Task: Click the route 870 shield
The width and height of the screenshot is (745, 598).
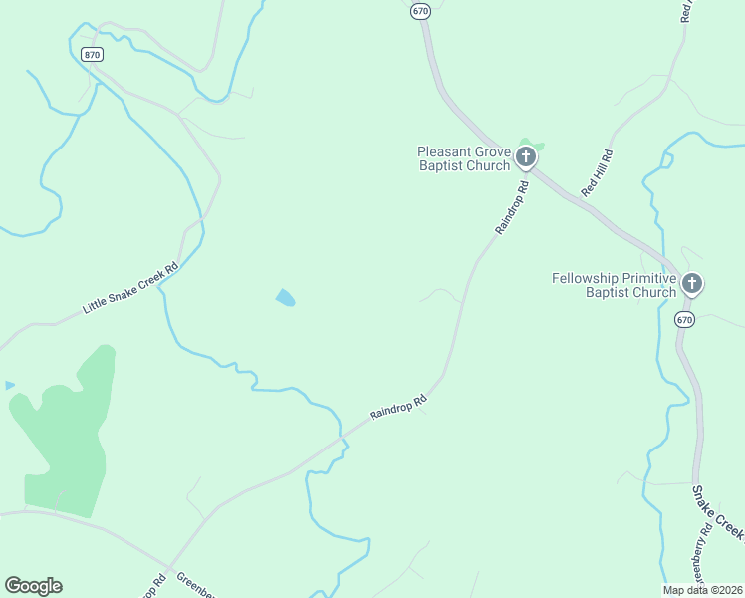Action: (x=93, y=55)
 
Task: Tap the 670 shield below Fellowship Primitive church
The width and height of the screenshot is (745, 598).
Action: (x=683, y=320)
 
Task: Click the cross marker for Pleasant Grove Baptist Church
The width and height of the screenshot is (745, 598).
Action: (x=525, y=156)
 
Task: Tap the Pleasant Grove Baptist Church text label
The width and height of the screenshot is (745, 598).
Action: (x=463, y=158)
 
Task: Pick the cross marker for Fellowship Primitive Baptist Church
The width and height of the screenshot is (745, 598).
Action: (x=692, y=285)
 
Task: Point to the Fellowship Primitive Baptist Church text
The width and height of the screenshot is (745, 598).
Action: (x=614, y=285)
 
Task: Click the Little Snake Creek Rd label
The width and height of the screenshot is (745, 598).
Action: (x=129, y=288)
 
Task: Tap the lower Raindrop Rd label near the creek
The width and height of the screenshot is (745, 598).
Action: (x=397, y=407)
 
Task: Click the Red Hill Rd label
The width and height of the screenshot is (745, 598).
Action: (x=597, y=170)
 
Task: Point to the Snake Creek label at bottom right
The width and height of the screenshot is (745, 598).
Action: (x=718, y=512)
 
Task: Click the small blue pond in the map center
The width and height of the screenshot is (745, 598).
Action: (x=286, y=297)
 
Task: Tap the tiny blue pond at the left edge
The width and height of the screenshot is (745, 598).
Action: (x=9, y=385)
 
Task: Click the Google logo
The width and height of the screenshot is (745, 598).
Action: (x=33, y=586)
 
